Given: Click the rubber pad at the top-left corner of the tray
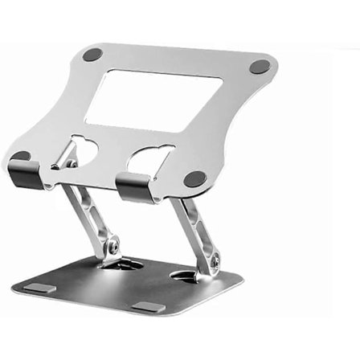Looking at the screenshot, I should [x=93, y=55].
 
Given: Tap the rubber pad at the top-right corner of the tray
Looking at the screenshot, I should [x=259, y=67].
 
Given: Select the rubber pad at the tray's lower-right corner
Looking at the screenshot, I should [x=195, y=178].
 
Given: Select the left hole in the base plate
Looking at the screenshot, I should [x=121, y=264].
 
